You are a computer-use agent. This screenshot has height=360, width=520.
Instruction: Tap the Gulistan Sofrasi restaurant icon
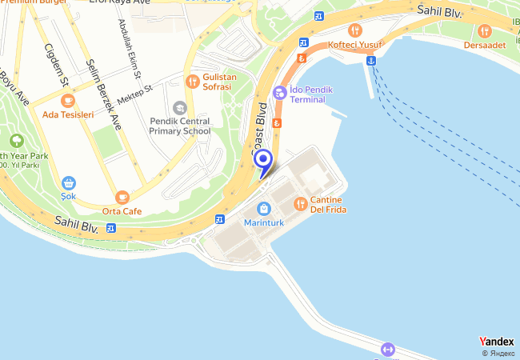coord(192,81)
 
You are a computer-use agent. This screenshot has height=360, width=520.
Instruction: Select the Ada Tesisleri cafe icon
coord(68,101)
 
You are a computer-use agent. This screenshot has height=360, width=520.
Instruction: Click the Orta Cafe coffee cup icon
coord(122,196)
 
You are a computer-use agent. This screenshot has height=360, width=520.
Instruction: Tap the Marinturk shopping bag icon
coord(263,209)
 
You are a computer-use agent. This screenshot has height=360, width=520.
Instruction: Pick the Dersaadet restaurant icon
coord(485,31)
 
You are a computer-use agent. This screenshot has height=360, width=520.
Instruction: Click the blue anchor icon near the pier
coord(372,61)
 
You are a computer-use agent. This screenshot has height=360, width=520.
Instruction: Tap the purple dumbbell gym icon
coord(388,349)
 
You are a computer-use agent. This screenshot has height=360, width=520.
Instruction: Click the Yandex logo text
coord(496,342)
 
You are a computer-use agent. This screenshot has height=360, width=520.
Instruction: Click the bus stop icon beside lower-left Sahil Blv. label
coord(110,228)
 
